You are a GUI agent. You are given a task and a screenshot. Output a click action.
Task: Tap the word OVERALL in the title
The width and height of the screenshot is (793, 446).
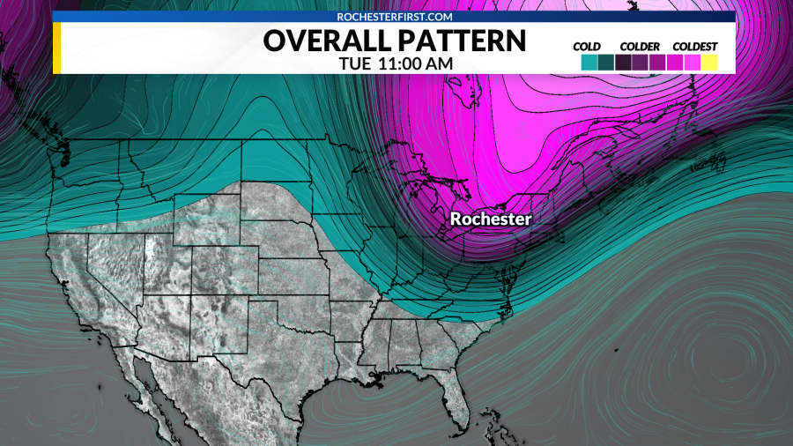tap(319, 41)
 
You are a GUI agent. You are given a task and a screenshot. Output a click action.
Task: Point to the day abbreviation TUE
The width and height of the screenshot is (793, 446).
tap(354, 64)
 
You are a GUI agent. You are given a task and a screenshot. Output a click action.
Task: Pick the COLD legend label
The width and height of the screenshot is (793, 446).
tap(587, 46)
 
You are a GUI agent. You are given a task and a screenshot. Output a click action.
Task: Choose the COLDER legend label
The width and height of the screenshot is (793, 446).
tap(640, 46)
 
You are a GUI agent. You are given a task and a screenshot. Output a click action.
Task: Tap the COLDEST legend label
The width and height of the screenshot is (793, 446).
tap(695, 46)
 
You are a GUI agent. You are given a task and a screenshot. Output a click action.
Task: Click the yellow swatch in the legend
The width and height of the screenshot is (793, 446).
tap(709, 63)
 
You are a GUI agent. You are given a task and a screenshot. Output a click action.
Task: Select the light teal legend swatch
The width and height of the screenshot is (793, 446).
tap(589, 63)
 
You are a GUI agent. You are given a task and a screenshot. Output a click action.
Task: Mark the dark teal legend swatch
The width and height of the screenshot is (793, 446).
tap(605, 63)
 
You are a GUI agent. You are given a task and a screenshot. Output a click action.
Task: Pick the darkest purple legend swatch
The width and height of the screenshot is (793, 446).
tap(623, 63)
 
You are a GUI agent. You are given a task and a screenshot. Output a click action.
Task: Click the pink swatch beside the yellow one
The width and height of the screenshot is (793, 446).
tap(692, 63)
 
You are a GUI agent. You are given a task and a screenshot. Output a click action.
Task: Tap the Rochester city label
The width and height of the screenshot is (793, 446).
tap(491, 219)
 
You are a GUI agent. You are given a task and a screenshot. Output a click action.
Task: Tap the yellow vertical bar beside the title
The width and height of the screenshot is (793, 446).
tap(56, 48)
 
